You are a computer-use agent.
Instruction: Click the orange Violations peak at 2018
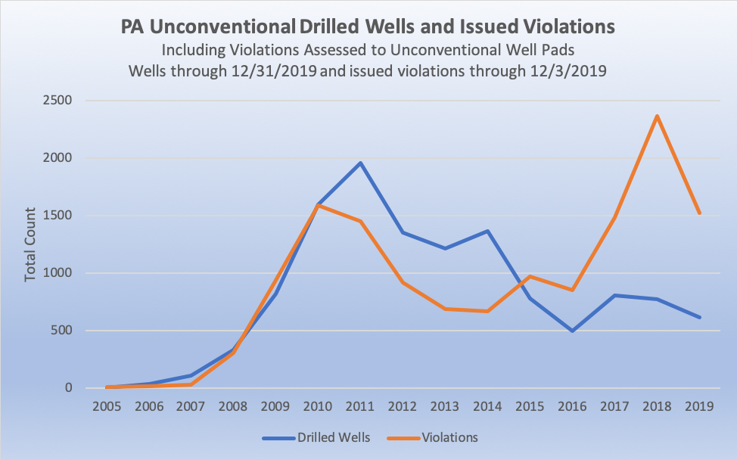[x=657, y=116]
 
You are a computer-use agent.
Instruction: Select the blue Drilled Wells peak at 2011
[x=361, y=163]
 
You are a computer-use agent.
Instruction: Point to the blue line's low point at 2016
[x=572, y=331]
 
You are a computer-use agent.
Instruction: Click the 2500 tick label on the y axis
[x=56, y=101]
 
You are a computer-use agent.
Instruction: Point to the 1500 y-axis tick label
[x=56, y=216]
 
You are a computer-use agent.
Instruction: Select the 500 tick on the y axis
[x=60, y=331]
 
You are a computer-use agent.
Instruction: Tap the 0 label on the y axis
[x=67, y=388]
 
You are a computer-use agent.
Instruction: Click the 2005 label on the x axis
[x=107, y=407]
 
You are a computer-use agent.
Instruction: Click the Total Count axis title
[x=30, y=244]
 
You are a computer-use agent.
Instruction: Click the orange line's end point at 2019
[x=699, y=213]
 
